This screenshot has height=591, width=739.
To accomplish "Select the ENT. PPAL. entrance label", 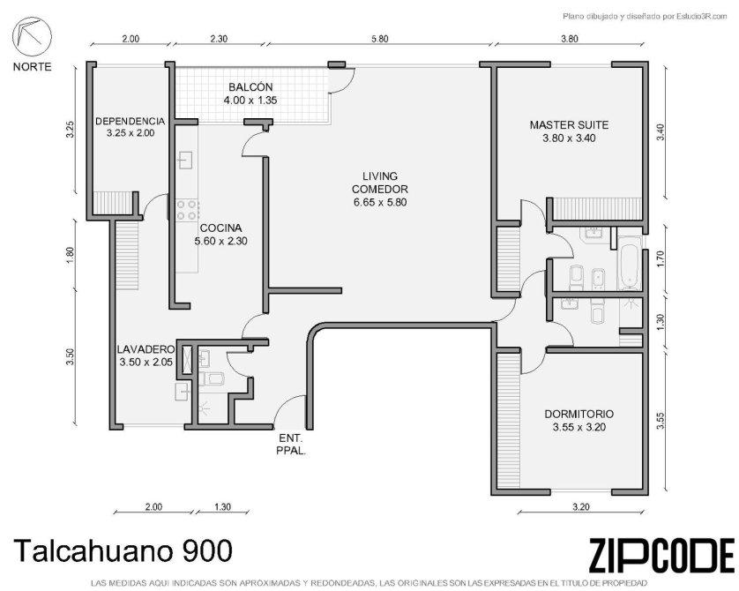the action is (291, 444).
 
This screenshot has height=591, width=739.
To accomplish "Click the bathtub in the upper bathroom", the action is (630, 263).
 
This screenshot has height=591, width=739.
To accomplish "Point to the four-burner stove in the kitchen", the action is (187, 210).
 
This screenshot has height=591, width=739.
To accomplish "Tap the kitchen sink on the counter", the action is (186, 160).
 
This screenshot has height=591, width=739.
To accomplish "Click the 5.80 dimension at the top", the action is (379, 39).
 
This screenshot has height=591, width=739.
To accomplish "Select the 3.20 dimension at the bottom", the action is (580, 507).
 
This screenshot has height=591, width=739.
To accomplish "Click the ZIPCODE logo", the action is (661, 555).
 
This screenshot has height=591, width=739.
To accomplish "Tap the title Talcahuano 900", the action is (123, 550).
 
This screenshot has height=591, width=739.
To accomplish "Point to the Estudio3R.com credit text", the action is (646, 17).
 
